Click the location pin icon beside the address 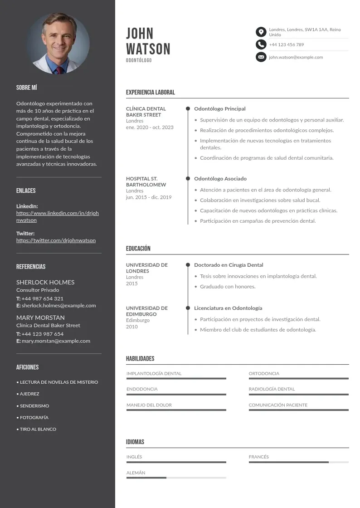pyautogui.click(x=261, y=32)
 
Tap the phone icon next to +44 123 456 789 pyautogui.click(x=261, y=44)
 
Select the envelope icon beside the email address pyautogui.click(x=261, y=57)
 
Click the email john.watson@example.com pyautogui.click(x=296, y=57)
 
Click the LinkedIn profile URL pyautogui.click(x=57, y=216)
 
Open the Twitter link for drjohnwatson pyautogui.click(x=56, y=240)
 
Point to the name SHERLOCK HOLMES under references pyautogui.click(x=45, y=282)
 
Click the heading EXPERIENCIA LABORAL pyautogui.click(x=150, y=93)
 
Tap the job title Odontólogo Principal pyautogui.click(x=220, y=109)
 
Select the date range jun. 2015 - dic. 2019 pyautogui.click(x=149, y=197)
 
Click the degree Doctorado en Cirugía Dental pyautogui.click(x=229, y=265)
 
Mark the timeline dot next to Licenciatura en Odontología pyautogui.click(x=188, y=308)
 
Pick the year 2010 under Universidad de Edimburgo pyautogui.click(x=132, y=327)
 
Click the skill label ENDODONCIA pyautogui.click(x=142, y=389)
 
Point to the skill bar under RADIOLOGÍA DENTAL pyautogui.click(x=298, y=395)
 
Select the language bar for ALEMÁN pyautogui.click(x=176, y=478)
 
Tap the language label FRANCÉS pyautogui.click(x=258, y=457)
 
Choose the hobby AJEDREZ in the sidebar pyautogui.click(x=29, y=394)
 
